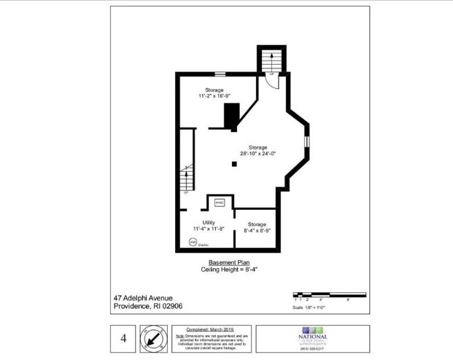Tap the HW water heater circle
193,242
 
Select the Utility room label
198,222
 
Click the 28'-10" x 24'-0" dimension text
258,154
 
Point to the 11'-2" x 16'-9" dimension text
214,96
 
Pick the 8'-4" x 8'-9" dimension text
257,230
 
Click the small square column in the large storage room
233,164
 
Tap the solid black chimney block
232,115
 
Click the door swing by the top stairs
271,79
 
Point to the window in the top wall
219,72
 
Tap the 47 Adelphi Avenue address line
144,297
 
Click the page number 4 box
124,338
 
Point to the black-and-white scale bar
329,294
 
